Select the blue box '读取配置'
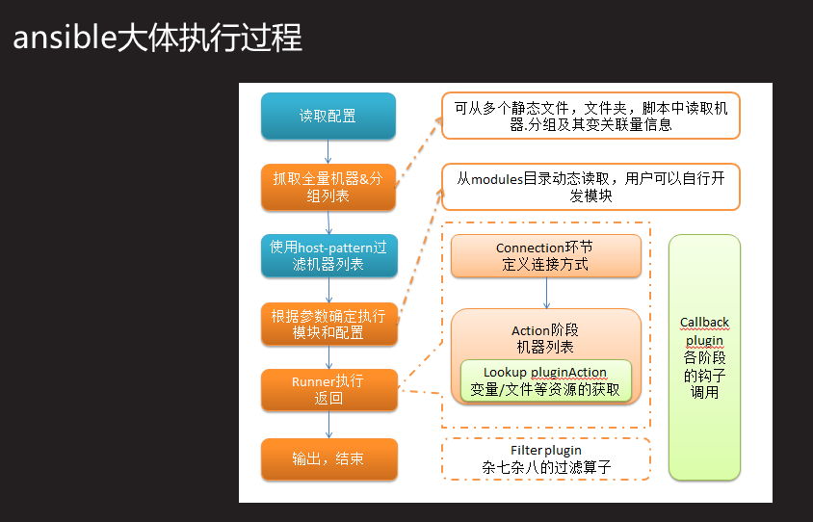[328, 116]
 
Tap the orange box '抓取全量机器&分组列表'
[328, 187]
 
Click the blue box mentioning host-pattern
[328, 255]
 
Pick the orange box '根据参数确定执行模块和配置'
[328, 325]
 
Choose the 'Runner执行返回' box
[328, 389]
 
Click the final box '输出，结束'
[328, 458]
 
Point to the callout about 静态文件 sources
[590, 117]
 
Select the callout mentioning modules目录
[590, 187]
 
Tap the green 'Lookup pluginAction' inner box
[545, 380]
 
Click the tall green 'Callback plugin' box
[704, 356]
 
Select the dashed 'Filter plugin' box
[545, 459]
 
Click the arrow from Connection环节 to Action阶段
[546, 293]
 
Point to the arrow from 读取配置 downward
[328, 151]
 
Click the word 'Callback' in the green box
[704, 322]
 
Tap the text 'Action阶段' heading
[545, 330]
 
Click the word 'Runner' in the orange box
[312, 381]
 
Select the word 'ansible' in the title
[63, 38]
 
